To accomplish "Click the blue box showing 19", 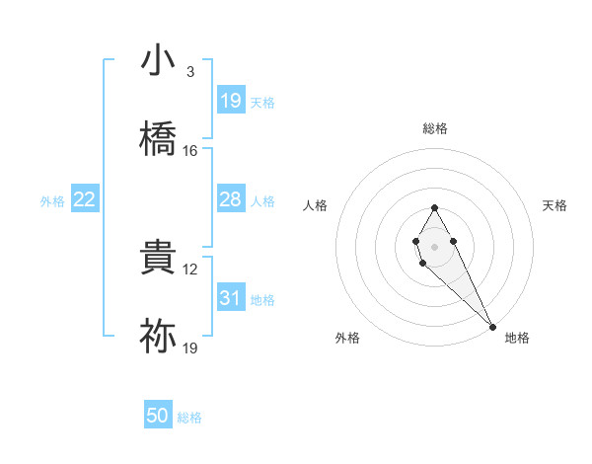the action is tap(230, 101).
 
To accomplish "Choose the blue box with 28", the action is tap(230, 200).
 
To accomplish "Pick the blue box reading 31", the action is tap(230, 299).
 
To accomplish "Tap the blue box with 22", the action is tap(85, 200).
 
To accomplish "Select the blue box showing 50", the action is tap(158, 417).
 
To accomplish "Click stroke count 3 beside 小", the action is tap(190, 72).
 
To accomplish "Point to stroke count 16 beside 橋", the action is tap(190, 151).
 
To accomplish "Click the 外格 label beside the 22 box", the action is tap(52, 201).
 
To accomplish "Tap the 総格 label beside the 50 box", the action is tap(190, 418).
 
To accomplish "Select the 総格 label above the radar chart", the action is tap(435, 128).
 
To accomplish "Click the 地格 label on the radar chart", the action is tap(517, 338).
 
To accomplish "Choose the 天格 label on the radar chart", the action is tap(555, 205).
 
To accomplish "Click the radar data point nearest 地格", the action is tap(492, 325).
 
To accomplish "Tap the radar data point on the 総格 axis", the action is tap(434, 207).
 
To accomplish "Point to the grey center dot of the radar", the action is tap(434, 245).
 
